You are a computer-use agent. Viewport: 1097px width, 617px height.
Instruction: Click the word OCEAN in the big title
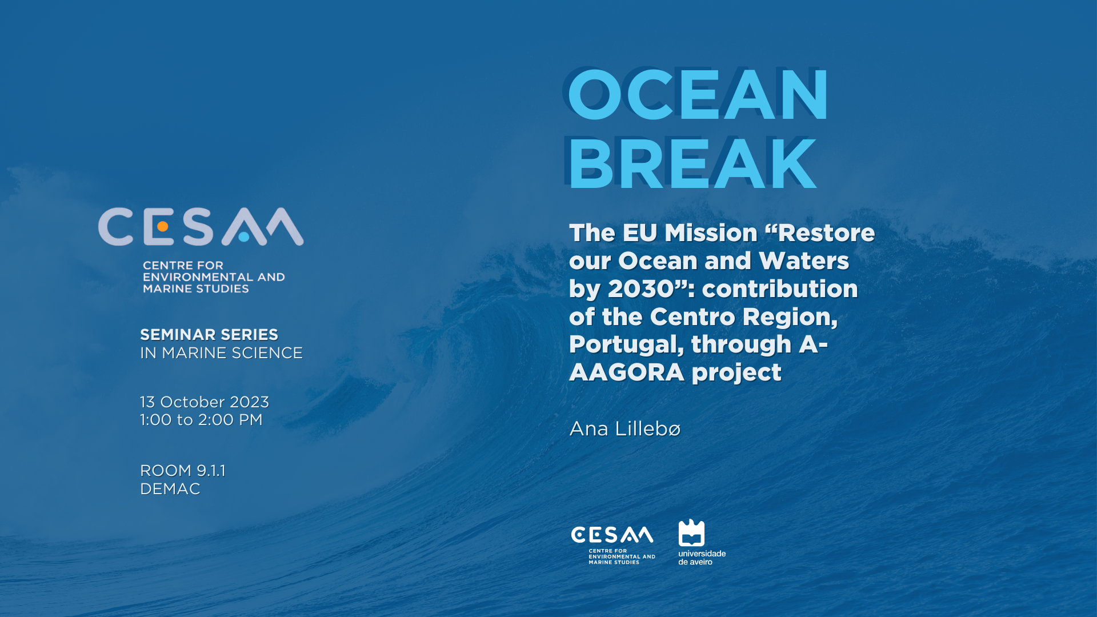click(x=698, y=94)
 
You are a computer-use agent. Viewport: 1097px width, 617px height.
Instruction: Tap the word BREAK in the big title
click(x=692, y=164)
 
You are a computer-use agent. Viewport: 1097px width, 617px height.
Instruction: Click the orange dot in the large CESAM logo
click(x=162, y=227)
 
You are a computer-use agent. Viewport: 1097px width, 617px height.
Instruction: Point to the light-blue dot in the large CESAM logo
click(x=244, y=237)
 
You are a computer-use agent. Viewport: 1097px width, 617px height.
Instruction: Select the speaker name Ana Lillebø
click(x=625, y=428)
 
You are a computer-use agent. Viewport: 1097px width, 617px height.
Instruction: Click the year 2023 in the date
click(x=249, y=402)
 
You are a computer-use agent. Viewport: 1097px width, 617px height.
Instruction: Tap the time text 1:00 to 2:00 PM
click(x=201, y=420)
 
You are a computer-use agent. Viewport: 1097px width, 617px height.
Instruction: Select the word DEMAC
click(x=170, y=489)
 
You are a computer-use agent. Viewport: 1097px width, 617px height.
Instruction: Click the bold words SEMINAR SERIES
click(x=209, y=335)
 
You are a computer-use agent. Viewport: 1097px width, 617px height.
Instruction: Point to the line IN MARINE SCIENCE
click(x=221, y=353)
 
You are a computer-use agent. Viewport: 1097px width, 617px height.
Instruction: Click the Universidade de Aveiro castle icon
click(x=691, y=532)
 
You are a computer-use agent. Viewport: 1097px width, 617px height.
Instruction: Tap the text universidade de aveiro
click(x=702, y=558)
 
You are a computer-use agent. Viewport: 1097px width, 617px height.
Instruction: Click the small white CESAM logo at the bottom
click(x=612, y=544)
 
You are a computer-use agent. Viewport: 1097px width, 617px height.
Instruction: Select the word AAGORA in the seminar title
click(x=627, y=372)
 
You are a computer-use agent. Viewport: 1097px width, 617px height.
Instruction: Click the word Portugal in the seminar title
click(x=626, y=345)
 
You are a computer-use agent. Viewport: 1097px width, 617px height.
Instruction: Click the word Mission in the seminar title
click(x=711, y=233)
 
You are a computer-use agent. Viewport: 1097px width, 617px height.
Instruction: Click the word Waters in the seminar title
click(x=804, y=261)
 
